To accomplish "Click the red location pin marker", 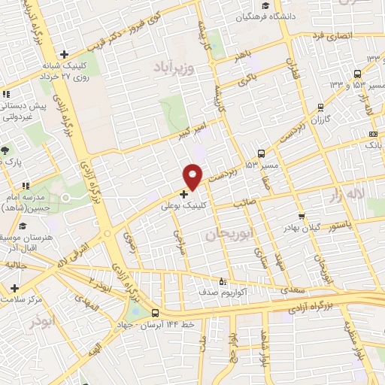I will pyautogui.click(x=193, y=175).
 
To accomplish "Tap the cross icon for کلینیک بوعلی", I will pyautogui.click(x=185, y=193).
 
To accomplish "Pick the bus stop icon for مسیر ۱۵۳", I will pyautogui.click(x=261, y=153).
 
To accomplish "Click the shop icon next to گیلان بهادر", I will pyautogui.click(x=302, y=216).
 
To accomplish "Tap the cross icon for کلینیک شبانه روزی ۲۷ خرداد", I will pyautogui.click(x=65, y=54).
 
